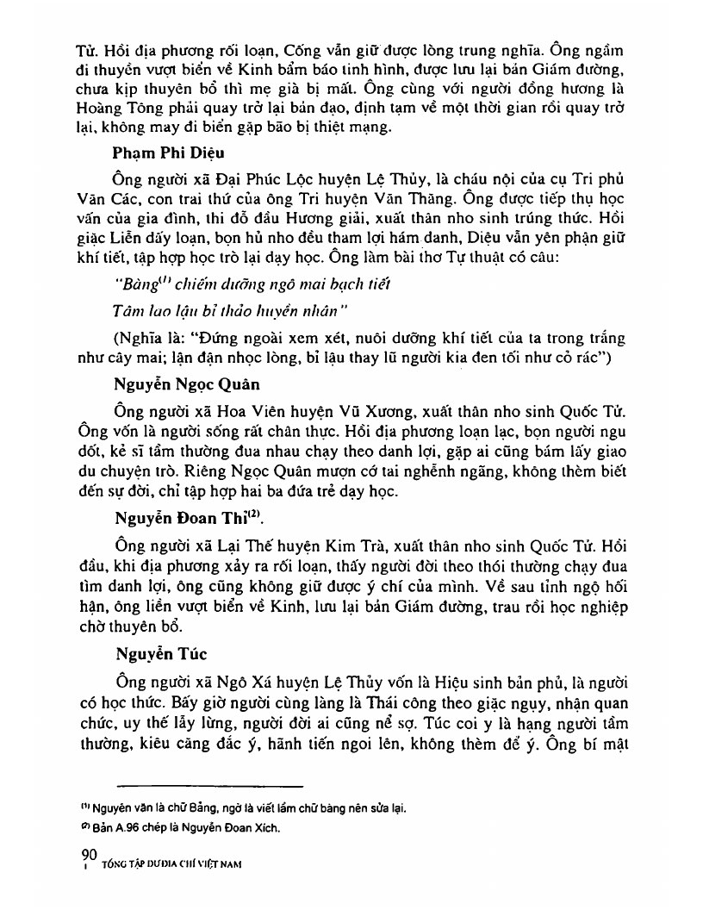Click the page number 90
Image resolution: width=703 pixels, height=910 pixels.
point(86,853)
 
